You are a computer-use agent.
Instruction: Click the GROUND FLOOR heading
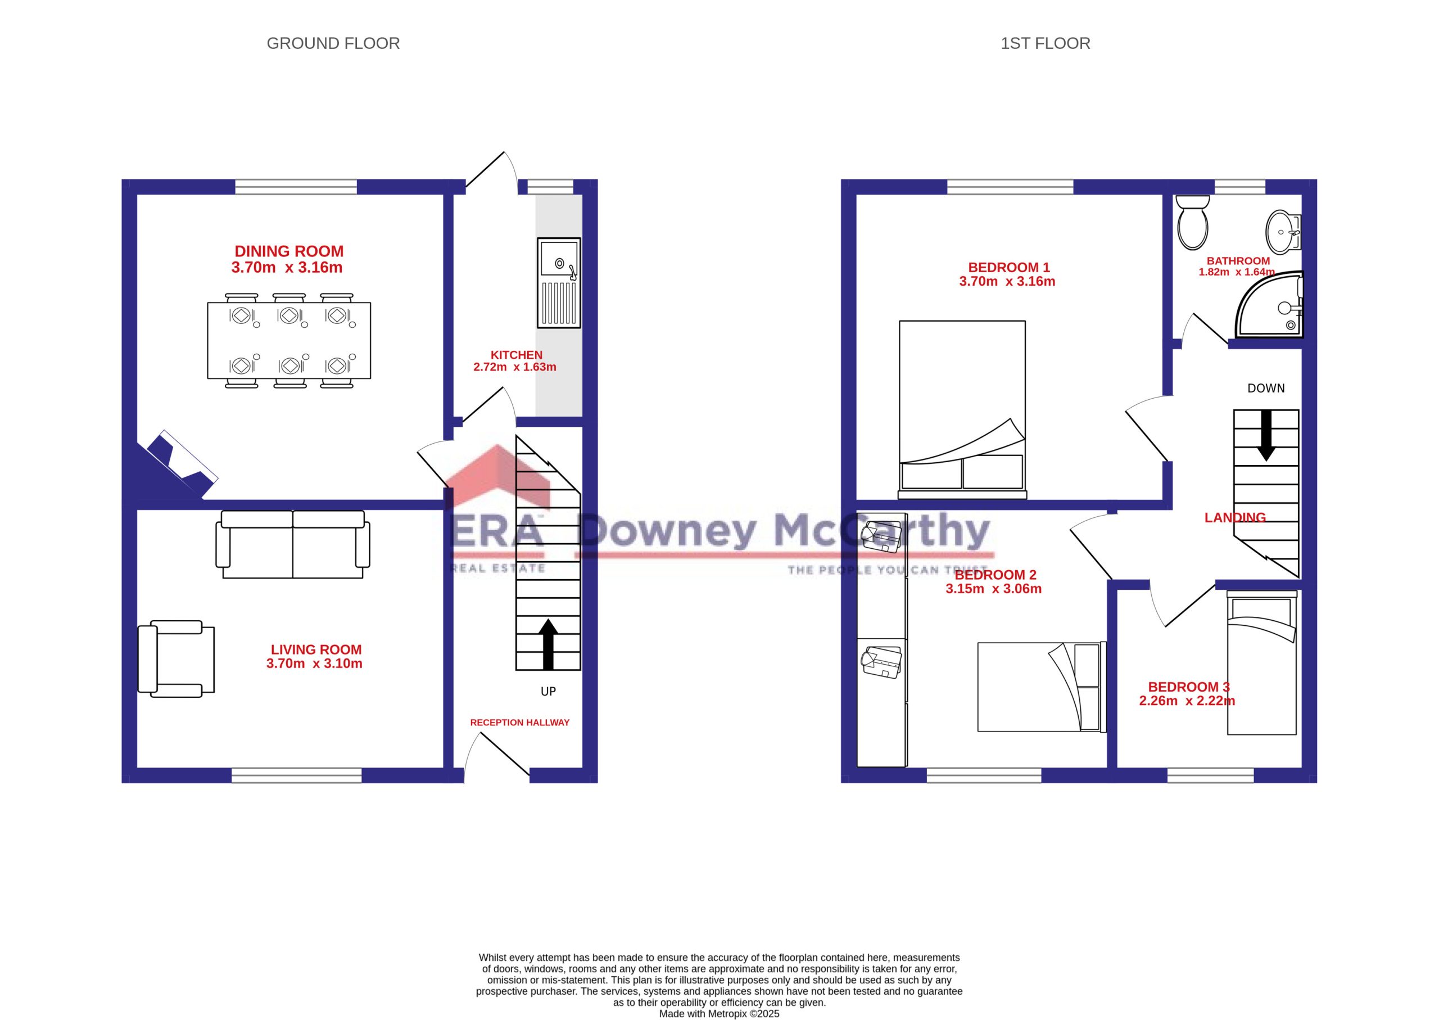333,43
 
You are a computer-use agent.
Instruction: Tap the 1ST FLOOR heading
1045,43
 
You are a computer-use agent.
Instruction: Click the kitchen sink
559,283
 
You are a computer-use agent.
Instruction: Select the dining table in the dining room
289,340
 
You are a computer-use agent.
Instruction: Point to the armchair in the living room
177,659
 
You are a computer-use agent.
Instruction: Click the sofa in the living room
292,544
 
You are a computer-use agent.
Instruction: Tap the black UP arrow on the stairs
548,644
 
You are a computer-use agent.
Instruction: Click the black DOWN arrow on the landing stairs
1266,435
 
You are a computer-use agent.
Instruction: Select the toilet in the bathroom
1192,222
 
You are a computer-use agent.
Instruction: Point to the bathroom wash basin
1283,232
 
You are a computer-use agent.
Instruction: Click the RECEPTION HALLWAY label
520,723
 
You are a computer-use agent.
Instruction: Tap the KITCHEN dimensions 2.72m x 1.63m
515,367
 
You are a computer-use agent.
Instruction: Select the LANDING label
1235,517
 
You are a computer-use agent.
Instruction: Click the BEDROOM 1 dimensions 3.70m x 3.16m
1007,281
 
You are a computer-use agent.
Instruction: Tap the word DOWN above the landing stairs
1266,388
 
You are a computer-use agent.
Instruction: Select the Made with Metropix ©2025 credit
719,1013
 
